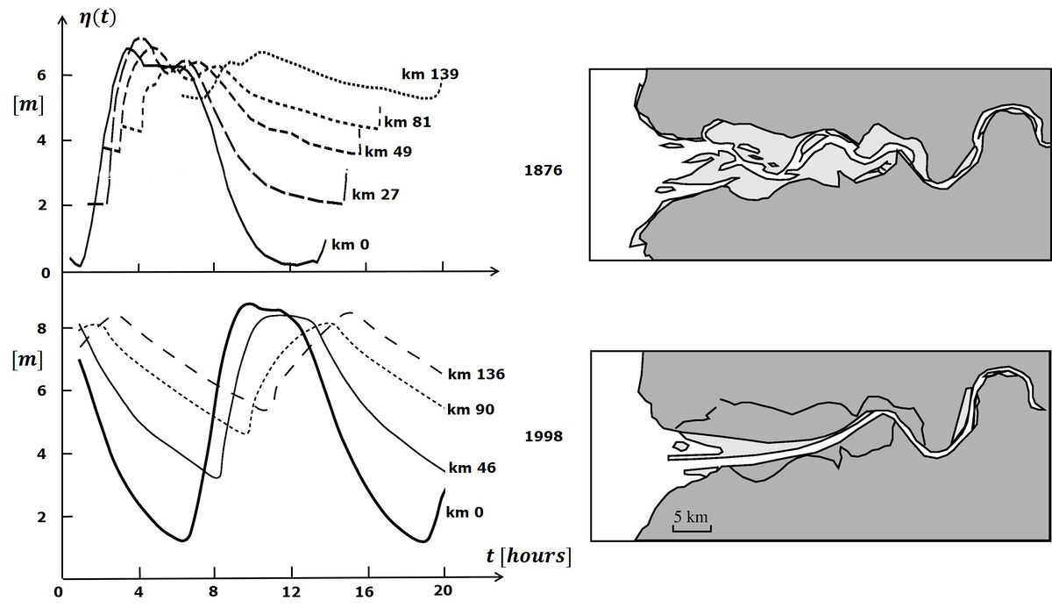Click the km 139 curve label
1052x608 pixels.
(x=430, y=74)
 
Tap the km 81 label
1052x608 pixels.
(x=408, y=122)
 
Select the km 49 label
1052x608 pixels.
(x=388, y=151)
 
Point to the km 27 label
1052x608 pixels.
(x=375, y=195)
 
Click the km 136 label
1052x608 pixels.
(x=476, y=375)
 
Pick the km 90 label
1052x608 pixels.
(x=471, y=409)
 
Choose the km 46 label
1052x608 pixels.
(x=472, y=468)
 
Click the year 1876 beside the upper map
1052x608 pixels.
(x=541, y=172)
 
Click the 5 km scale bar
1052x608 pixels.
(x=691, y=522)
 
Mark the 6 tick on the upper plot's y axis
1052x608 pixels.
(x=40, y=75)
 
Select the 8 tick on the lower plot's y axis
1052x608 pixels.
(x=40, y=328)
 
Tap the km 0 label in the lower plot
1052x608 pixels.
(x=465, y=511)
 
